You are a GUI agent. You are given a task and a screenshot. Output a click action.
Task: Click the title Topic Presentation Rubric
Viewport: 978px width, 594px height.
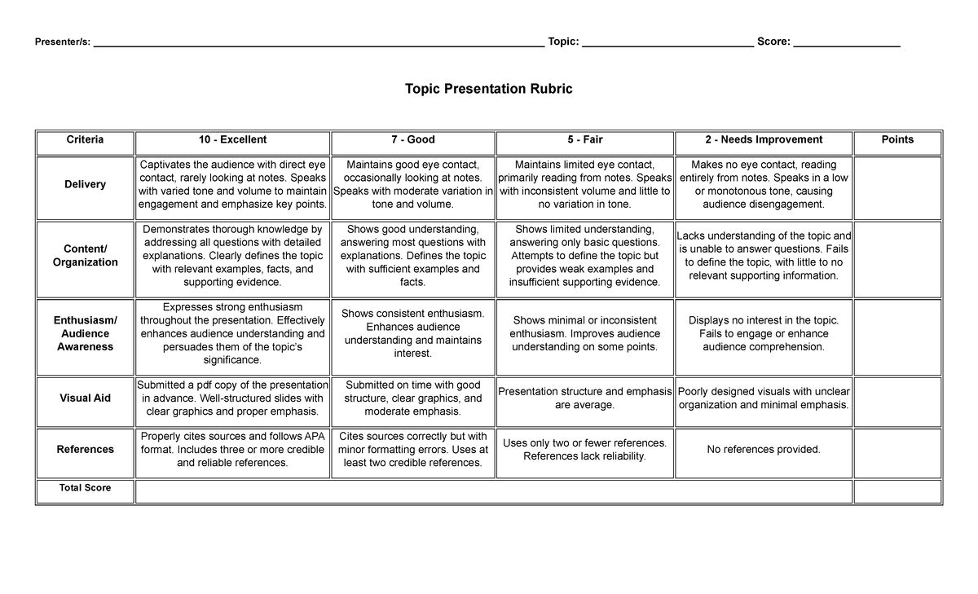[x=488, y=89]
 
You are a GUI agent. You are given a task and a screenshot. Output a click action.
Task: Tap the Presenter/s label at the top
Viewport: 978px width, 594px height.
[x=62, y=42]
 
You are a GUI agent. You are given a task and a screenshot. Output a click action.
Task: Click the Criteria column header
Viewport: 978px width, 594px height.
[x=85, y=140]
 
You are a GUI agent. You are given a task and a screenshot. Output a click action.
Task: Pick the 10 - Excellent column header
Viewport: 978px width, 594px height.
[x=232, y=140]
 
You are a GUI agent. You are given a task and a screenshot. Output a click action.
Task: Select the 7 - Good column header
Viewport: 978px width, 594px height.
[x=412, y=140]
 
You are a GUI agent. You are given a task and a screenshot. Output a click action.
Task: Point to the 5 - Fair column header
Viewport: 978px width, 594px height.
[x=584, y=140]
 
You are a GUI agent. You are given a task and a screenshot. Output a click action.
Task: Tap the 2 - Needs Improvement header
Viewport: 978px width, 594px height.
[x=763, y=140]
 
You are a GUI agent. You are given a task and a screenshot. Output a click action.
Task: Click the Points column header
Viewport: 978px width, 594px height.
[x=897, y=140]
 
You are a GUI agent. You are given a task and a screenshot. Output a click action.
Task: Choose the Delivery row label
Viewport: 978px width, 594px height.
[x=85, y=185]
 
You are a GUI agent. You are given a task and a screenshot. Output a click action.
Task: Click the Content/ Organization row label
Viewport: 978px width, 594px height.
[x=85, y=256]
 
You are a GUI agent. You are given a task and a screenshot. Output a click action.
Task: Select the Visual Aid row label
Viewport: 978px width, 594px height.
[x=85, y=398]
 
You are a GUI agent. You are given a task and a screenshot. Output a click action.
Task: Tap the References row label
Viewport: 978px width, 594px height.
[x=85, y=450]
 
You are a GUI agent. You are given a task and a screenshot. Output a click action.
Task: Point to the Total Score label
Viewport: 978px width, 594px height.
[x=85, y=488]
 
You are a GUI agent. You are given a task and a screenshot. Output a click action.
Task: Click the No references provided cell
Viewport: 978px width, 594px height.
[x=763, y=450]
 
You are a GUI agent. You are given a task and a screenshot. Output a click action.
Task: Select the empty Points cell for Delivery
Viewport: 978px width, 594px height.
[x=897, y=185]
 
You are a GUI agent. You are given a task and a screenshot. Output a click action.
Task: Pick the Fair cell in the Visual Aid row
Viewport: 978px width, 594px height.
[x=584, y=398]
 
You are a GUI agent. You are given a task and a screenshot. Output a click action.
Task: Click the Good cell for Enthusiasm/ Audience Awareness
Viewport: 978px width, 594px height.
[x=412, y=334]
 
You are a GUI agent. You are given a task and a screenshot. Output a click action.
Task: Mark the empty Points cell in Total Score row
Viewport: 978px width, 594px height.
[x=897, y=492]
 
